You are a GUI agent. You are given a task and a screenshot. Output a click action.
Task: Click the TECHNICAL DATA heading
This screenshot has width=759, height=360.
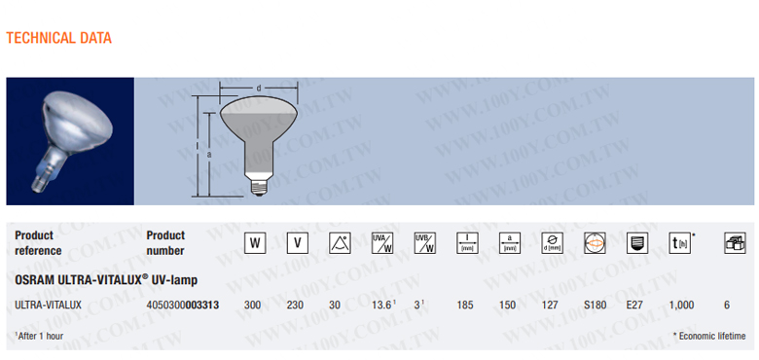pos(58,38)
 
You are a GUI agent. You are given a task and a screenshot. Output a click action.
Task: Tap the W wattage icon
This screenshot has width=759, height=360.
pos(255,243)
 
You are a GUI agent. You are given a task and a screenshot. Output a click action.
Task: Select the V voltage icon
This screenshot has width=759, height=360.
pos(298,243)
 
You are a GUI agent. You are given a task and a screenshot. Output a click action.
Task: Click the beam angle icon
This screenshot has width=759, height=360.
pos(340,243)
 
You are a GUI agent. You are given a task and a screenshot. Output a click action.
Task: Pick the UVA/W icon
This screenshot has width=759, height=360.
pos(382,243)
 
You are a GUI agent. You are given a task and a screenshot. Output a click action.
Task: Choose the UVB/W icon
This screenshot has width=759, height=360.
pos(425,243)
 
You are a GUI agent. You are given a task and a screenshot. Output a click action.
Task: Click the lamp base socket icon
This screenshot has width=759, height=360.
pos(637,243)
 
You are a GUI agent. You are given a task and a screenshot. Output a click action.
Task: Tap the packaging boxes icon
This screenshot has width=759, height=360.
pos(735,243)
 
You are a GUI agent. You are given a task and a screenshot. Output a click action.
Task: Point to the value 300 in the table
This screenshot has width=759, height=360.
pos(252,306)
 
